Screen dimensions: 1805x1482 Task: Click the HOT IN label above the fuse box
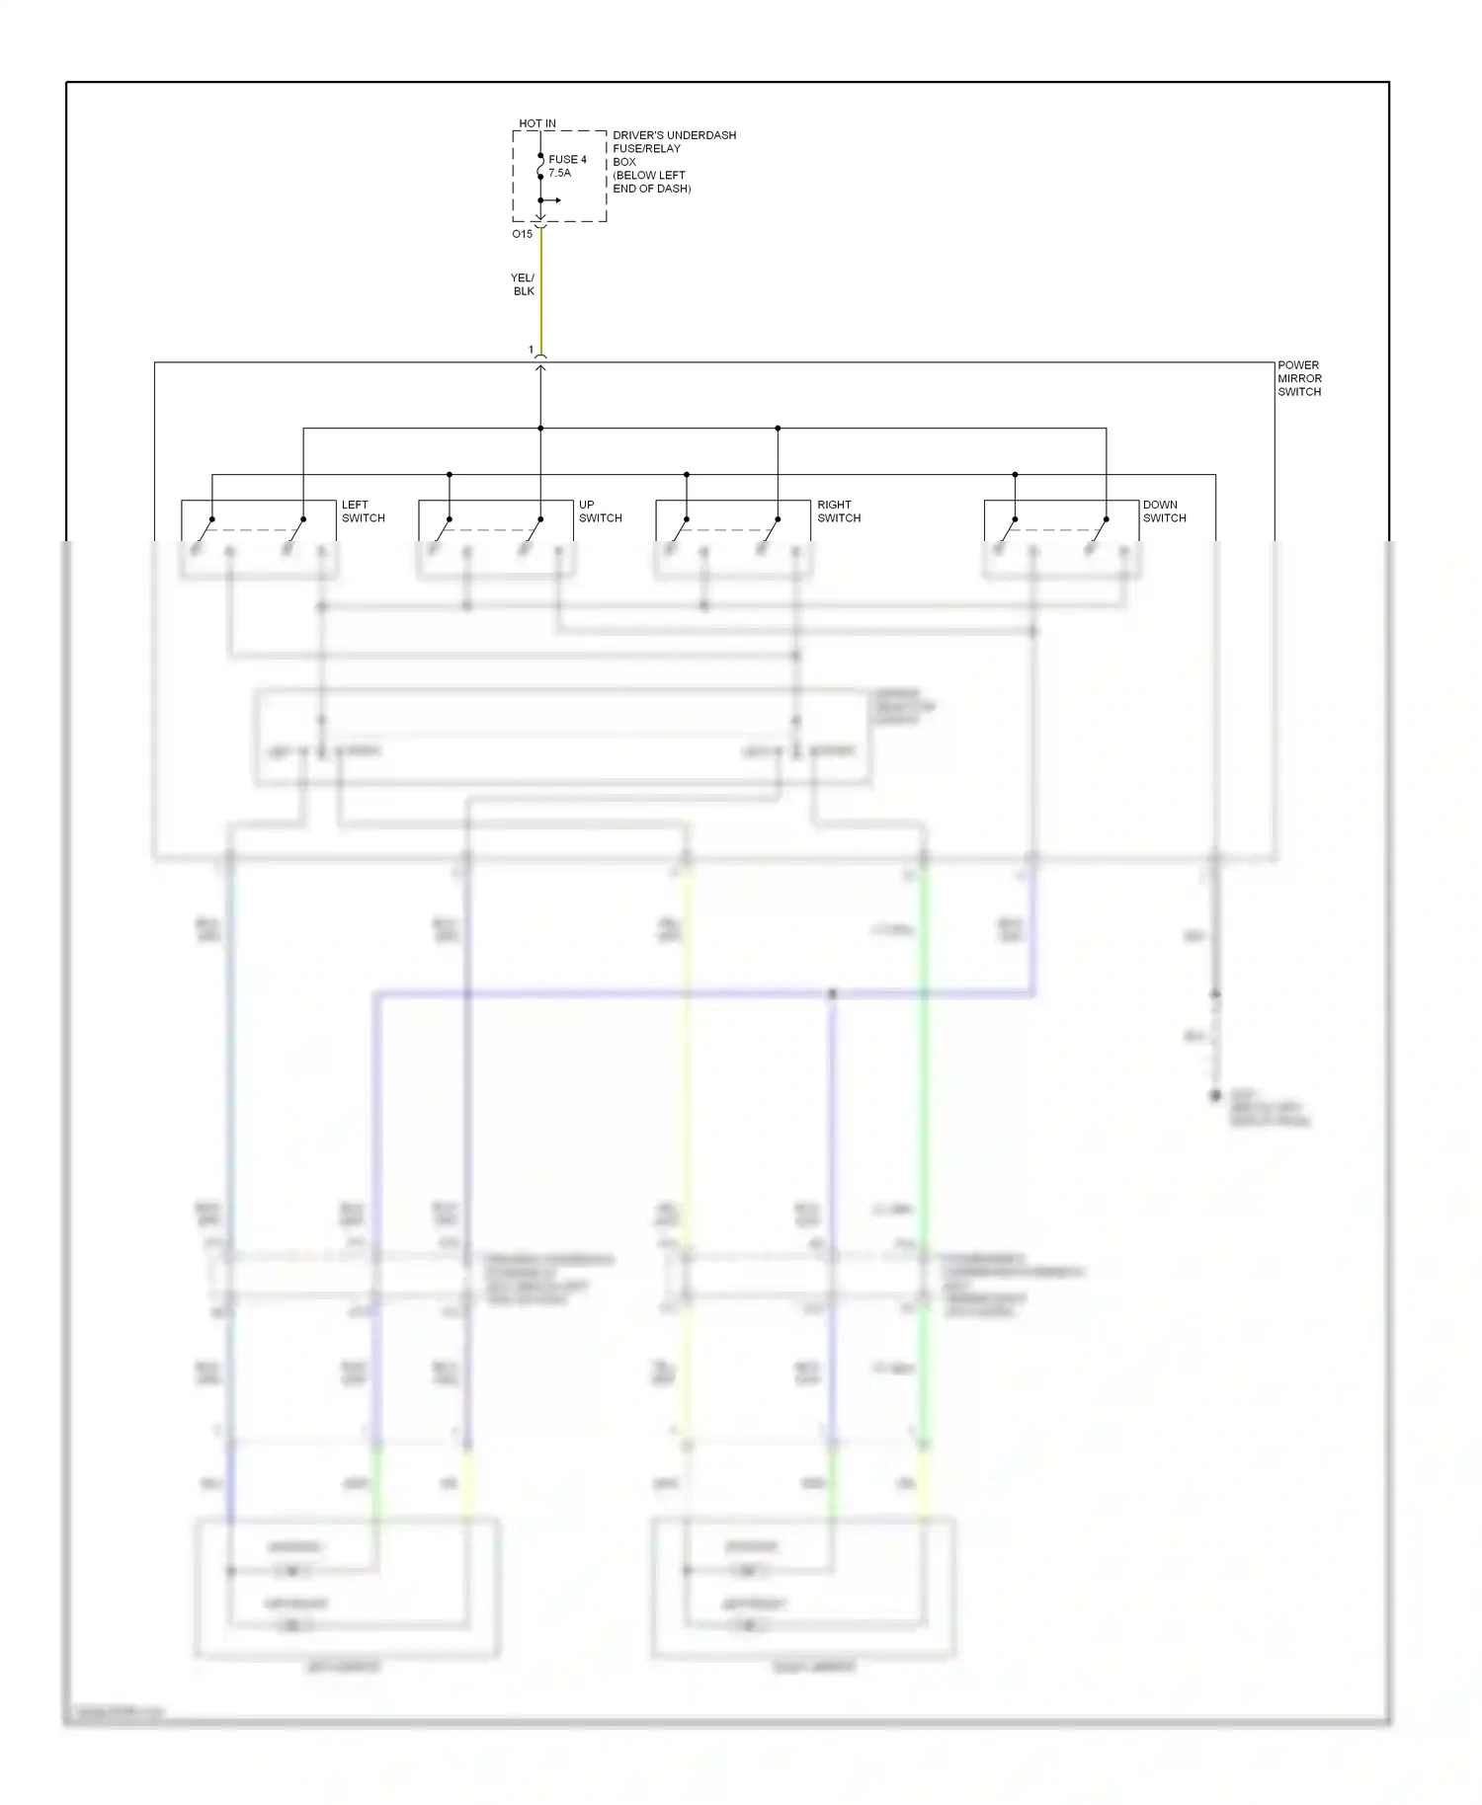coord(537,123)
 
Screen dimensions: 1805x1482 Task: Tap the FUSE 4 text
coord(567,159)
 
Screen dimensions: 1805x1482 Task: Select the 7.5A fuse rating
coord(559,173)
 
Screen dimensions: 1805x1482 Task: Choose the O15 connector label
coord(522,234)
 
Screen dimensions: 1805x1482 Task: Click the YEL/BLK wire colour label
coord(523,284)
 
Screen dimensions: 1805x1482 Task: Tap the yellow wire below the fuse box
coord(540,296)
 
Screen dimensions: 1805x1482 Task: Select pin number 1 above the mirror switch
coord(531,350)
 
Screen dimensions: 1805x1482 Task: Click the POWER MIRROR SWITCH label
coord(1299,378)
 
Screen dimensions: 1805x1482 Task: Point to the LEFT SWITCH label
coord(363,510)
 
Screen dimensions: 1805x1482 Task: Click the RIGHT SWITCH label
coord(838,510)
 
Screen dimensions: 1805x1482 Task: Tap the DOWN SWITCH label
coord(1164,510)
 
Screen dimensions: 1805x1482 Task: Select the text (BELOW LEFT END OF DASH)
coord(651,182)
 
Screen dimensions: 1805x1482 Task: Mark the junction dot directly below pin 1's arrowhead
coord(540,429)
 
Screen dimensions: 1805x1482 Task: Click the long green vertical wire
coord(925,1086)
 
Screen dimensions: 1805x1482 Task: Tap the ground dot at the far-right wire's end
coord(1215,1096)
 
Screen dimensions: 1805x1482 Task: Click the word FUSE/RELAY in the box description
coord(646,148)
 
